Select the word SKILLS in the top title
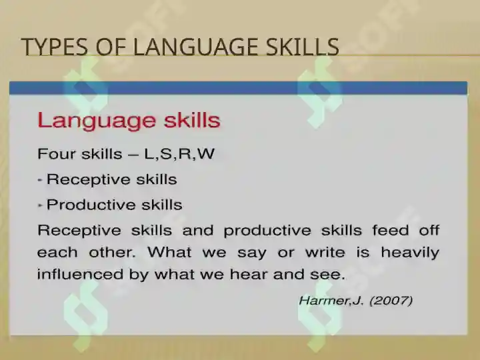[x=303, y=47]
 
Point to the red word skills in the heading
[x=192, y=120]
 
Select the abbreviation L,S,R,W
[x=179, y=154]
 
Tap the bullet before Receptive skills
[x=39, y=180]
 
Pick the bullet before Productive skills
[x=39, y=205]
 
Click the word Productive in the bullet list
[x=91, y=205]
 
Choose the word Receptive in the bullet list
[x=88, y=180]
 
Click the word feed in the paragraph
[x=390, y=230]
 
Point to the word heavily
[x=410, y=253]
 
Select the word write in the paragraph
[x=325, y=252]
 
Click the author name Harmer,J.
[x=331, y=301]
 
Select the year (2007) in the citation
[x=391, y=301]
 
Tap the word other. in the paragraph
[x=112, y=252]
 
